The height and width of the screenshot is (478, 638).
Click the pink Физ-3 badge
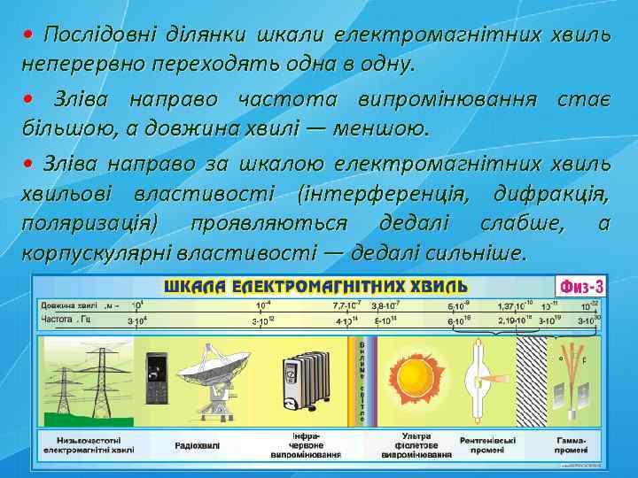pos(580,287)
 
